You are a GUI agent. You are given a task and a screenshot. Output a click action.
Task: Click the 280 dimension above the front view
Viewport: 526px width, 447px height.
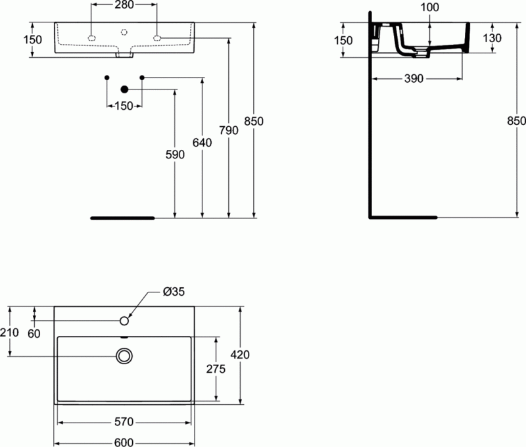(x=124, y=6)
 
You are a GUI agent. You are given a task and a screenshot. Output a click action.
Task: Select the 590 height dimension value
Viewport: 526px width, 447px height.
(x=176, y=154)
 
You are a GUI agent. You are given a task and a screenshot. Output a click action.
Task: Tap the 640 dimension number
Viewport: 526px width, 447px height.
(x=203, y=142)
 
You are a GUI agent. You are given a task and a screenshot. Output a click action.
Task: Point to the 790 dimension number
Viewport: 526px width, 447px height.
(x=229, y=130)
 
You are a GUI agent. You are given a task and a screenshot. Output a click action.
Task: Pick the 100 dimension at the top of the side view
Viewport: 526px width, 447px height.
(x=429, y=7)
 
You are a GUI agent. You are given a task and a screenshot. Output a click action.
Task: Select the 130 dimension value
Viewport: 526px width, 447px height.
(x=492, y=38)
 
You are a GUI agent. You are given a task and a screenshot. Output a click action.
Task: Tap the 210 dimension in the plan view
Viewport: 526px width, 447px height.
(x=10, y=333)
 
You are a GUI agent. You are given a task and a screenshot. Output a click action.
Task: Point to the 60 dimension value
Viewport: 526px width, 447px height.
(x=34, y=333)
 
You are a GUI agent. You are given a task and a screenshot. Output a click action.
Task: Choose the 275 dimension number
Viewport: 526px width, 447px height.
(x=216, y=369)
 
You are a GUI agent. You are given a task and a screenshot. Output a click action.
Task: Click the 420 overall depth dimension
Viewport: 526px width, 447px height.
(x=241, y=355)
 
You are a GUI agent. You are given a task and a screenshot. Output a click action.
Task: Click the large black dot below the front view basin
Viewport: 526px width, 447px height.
(x=124, y=90)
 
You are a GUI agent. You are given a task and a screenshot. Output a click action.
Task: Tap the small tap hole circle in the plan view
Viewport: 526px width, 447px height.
(x=124, y=320)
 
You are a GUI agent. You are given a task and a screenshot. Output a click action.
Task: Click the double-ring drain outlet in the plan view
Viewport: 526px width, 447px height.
(x=124, y=356)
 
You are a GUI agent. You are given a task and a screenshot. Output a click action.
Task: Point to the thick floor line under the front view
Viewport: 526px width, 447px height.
(x=123, y=217)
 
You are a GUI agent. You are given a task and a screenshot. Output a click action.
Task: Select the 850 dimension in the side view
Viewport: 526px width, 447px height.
(x=517, y=121)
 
